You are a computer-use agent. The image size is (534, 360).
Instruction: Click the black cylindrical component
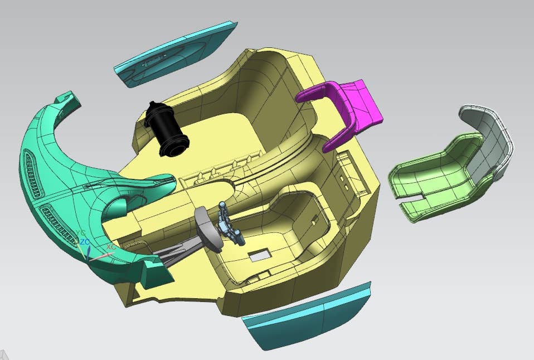[166, 129]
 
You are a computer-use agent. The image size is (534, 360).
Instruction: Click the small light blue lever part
[230, 223]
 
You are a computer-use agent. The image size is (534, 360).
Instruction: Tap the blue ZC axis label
[85, 242]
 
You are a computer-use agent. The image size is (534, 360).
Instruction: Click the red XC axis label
[111, 246]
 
